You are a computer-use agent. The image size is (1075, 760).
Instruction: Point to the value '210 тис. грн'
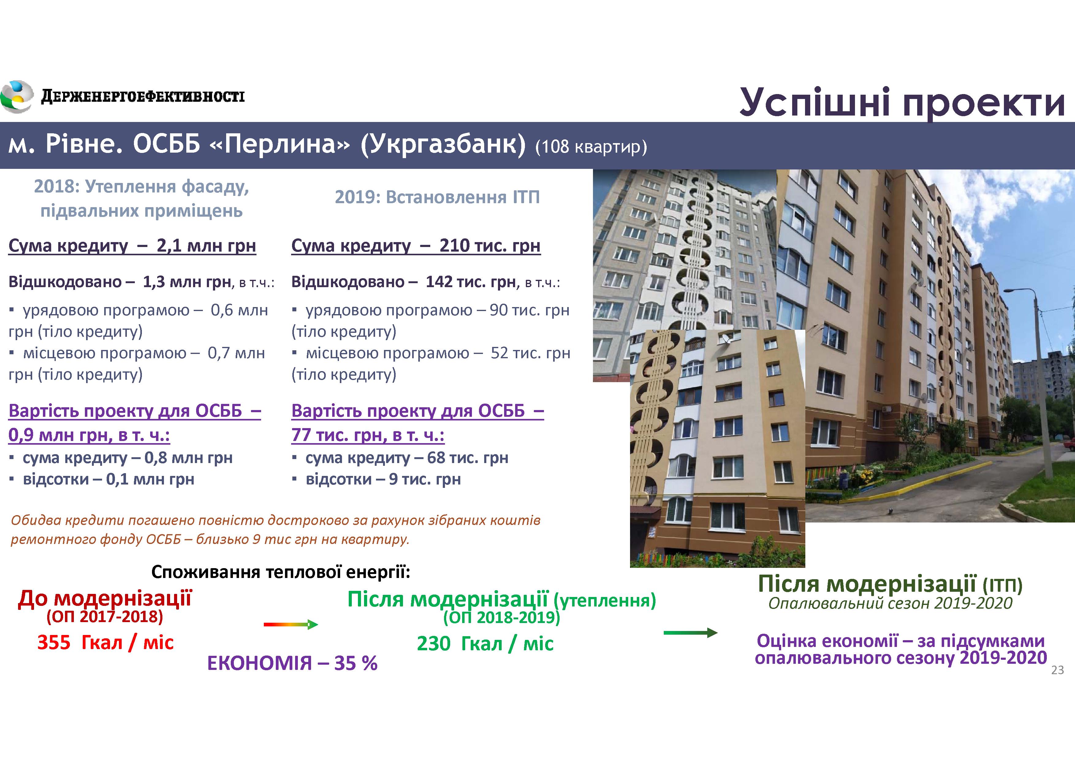[x=490, y=245]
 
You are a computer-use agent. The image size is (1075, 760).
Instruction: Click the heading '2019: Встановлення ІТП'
[x=437, y=197]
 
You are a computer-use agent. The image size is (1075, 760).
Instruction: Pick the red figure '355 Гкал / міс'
[x=105, y=642]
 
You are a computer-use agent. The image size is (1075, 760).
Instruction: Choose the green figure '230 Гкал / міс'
[x=485, y=644]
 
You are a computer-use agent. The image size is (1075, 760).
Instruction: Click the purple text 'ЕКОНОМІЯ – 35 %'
[x=292, y=663]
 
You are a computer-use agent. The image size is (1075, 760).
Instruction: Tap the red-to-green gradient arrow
[x=291, y=624]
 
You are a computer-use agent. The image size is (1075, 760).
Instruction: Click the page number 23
[x=1058, y=670]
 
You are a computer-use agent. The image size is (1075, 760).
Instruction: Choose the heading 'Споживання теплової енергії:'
[x=281, y=572]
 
